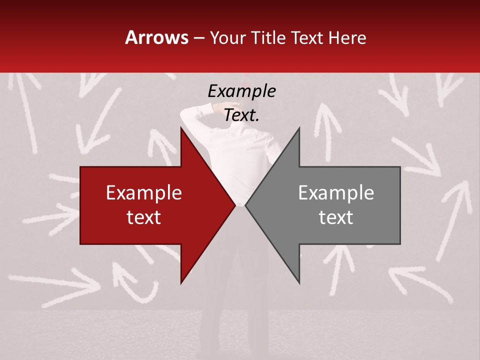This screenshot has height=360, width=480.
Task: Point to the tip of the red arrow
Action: point(235,205)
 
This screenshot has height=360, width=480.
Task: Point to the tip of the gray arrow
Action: point(245,205)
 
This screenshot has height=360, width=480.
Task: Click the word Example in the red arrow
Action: point(144,193)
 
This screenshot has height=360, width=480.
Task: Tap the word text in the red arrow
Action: point(144,217)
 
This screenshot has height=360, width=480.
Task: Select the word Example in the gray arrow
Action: point(336,193)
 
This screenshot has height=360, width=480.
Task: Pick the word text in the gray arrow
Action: point(336,217)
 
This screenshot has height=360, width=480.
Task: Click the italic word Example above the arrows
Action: point(241,91)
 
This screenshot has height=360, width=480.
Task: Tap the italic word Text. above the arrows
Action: point(241,115)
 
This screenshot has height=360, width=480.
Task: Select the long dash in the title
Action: point(198,38)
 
